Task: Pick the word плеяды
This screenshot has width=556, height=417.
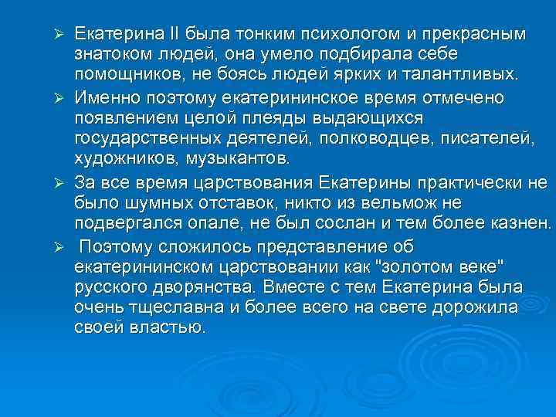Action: [255, 119]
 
